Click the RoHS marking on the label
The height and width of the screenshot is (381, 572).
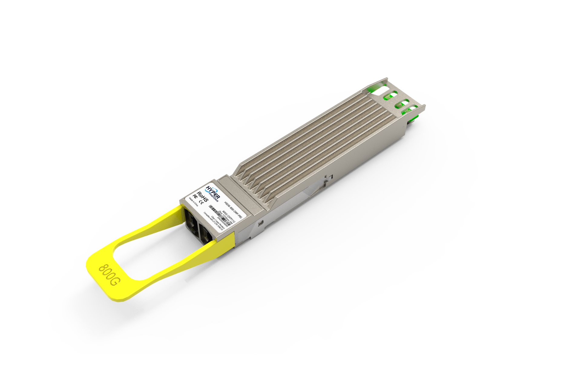(x=202, y=197)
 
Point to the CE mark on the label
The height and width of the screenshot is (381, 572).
(x=201, y=202)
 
